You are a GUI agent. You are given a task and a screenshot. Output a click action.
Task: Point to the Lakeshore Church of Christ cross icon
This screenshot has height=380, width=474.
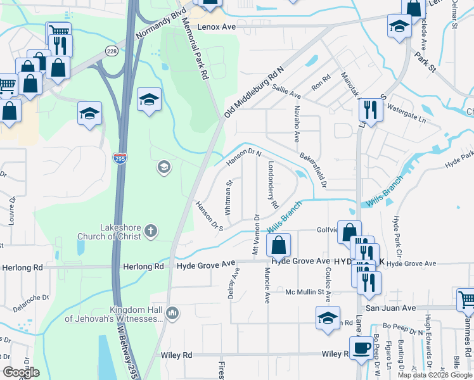[x=151, y=231]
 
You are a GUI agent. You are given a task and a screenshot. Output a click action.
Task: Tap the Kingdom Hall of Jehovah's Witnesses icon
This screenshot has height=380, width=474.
[x=172, y=312]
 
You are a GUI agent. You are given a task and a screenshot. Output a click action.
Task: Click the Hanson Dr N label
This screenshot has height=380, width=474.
[x=245, y=156]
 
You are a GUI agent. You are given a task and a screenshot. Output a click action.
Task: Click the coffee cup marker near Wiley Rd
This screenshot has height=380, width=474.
[x=361, y=348]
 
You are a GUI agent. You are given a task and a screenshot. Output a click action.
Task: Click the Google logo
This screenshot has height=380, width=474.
[x=21, y=372]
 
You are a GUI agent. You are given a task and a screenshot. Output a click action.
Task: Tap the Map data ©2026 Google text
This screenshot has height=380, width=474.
[x=435, y=375]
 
